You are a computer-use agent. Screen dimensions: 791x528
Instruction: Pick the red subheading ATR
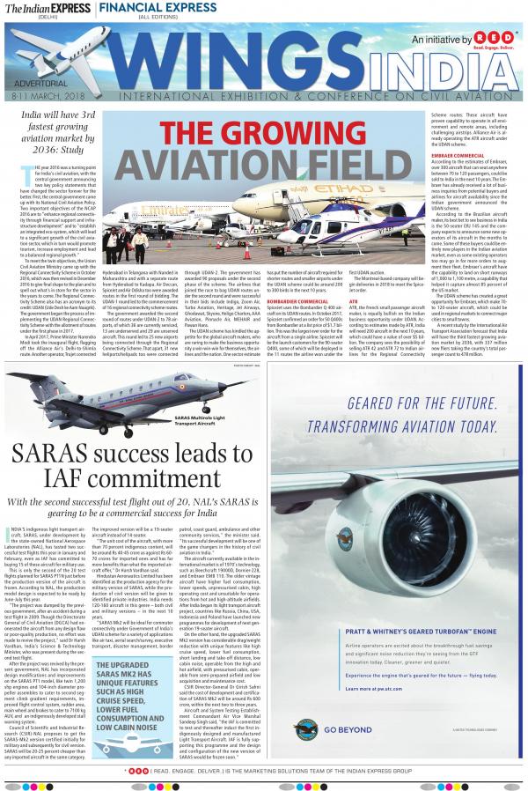[353, 302]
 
